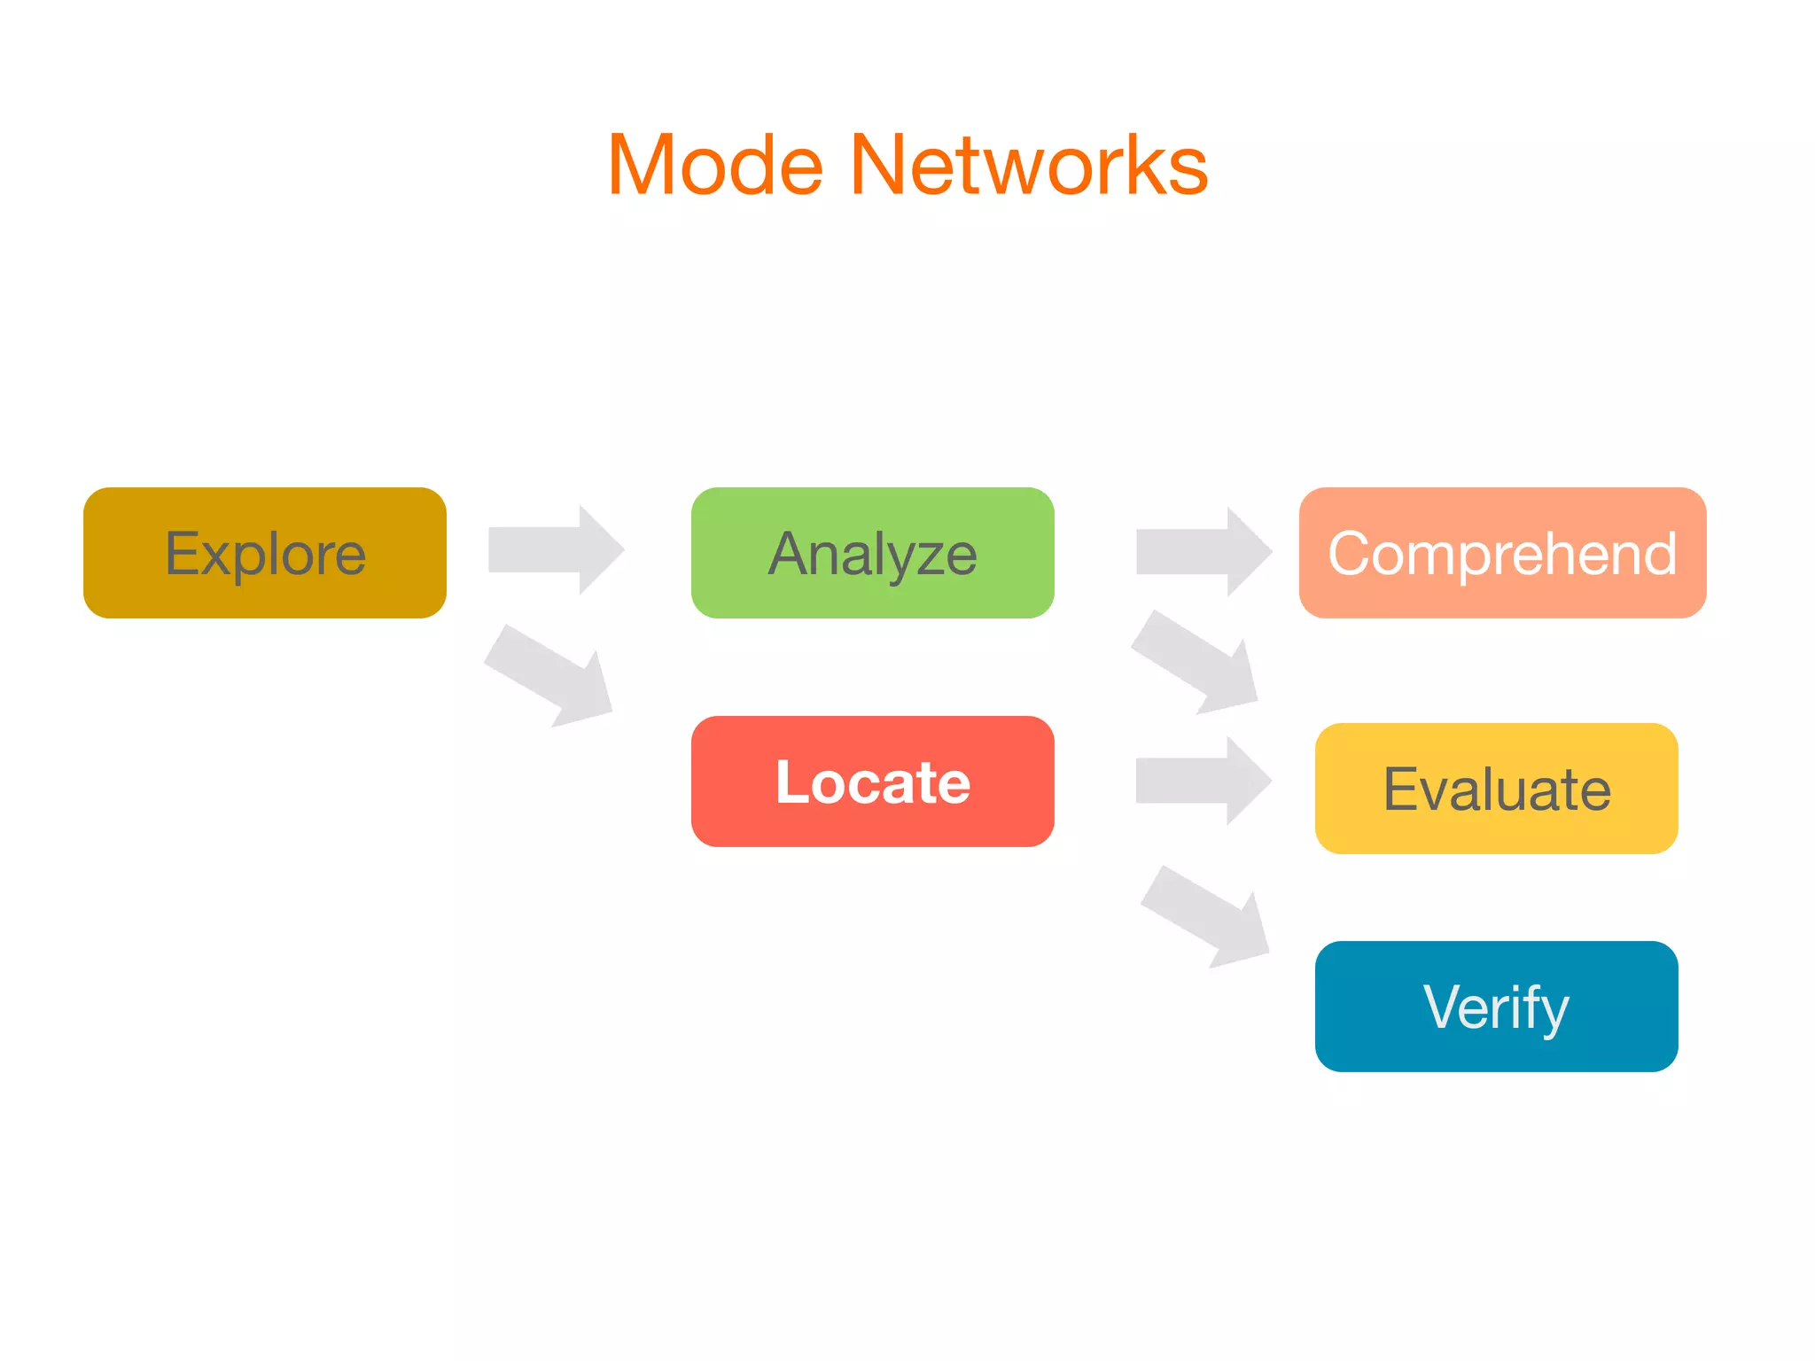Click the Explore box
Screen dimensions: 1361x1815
[264, 553]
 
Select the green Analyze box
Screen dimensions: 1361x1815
[872, 553]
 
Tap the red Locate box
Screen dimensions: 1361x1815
[872, 782]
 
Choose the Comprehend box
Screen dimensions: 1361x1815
[1502, 553]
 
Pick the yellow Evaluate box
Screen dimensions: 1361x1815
[1496, 789]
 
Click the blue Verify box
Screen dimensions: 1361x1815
[1496, 1007]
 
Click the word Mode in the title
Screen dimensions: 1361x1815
[716, 165]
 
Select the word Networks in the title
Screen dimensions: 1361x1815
[1029, 165]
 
